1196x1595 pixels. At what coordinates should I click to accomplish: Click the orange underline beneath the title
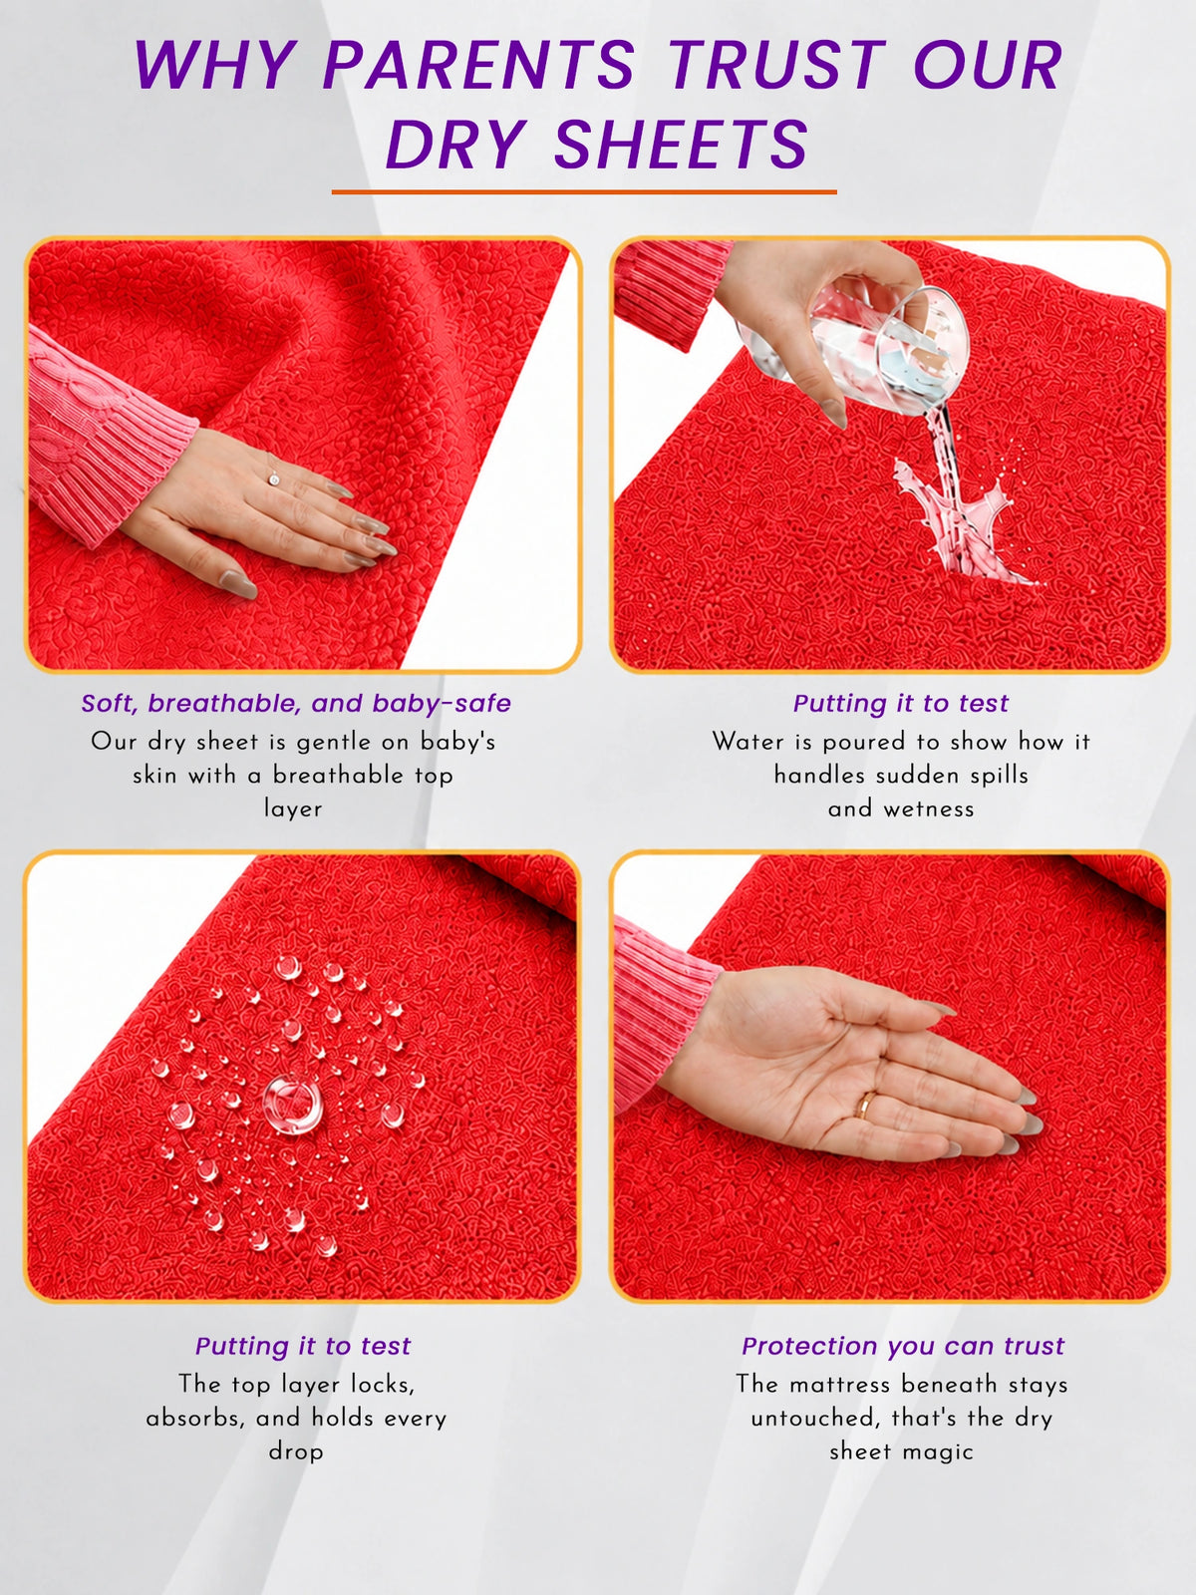[x=584, y=191]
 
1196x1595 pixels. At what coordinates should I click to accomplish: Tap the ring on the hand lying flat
[x=274, y=478]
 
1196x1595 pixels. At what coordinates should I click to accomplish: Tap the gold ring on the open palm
[x=863, y=1105]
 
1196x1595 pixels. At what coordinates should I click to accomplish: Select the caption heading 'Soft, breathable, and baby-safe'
[x=296, y=704]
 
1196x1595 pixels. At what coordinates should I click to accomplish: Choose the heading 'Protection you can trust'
[x=903, y=1346]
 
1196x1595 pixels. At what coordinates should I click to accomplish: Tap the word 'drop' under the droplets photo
[x=296, y=1451]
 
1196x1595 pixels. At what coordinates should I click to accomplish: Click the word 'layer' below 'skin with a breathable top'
[x=293, y=808]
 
